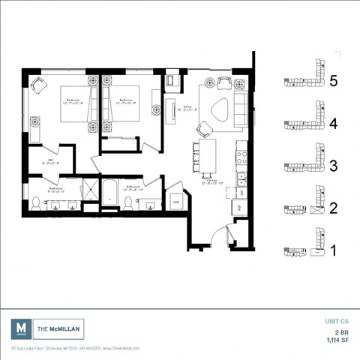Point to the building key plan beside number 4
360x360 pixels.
pyautogui.click(x=304, y=122)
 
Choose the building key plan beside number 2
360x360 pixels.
pyautogui.click(x=304, y=208)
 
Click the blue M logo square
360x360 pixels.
pyautogui.click(x=21, y=328)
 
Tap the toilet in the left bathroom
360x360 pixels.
pyautogui.click(x=36, y=200)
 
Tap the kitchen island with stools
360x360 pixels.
pyautogui.click(x=208, y=156)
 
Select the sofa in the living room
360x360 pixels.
pyautogui.click(x=240, y=108)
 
